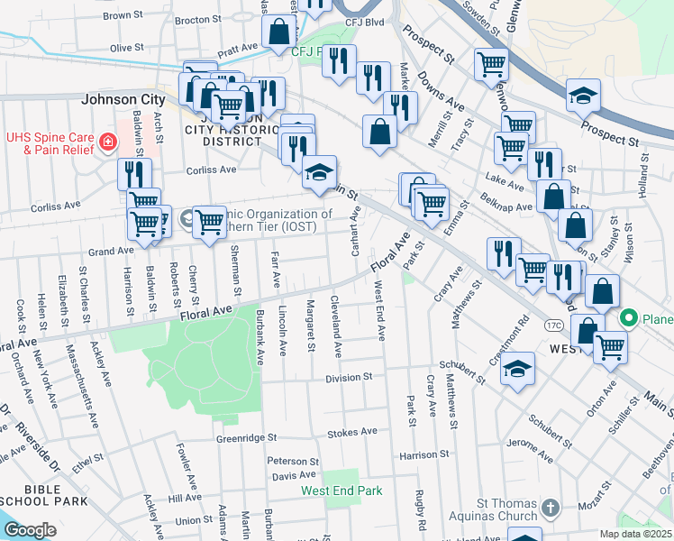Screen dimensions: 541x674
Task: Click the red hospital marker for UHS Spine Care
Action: pos(108,142)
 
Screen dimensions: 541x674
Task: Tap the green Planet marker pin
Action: pos(630,318)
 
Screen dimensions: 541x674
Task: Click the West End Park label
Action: pos(342,491)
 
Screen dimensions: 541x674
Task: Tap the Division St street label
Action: pos(349,377)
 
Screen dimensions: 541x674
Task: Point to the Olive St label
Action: pos(126,47)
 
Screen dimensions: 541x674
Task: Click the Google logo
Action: pos(30,530)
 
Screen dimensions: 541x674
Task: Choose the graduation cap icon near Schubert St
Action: pos(517,369)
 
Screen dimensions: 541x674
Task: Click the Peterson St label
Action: pos(287,461)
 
